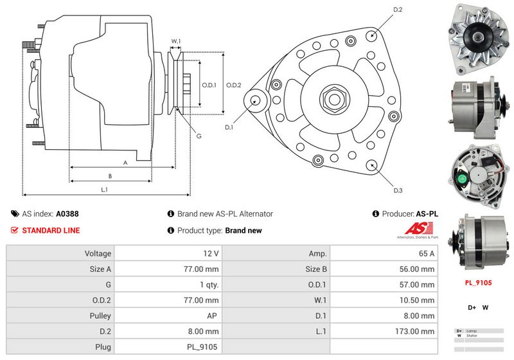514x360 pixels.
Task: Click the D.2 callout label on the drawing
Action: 397,10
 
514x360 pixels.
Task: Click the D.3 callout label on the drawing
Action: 398,190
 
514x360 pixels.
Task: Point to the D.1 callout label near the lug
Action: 229,127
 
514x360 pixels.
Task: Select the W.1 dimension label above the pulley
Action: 175,41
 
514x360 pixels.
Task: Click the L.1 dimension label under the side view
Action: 104,190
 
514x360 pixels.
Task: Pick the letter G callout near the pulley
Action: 199,136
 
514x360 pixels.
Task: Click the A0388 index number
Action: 67,214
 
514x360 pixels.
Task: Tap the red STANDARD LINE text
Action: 51,230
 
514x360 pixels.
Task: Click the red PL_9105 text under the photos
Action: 477,282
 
